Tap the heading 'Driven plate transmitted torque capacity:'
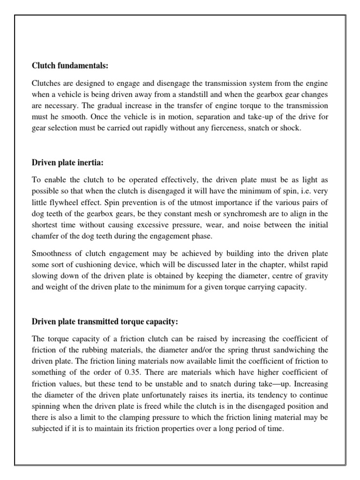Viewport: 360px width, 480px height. coord(105,322)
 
